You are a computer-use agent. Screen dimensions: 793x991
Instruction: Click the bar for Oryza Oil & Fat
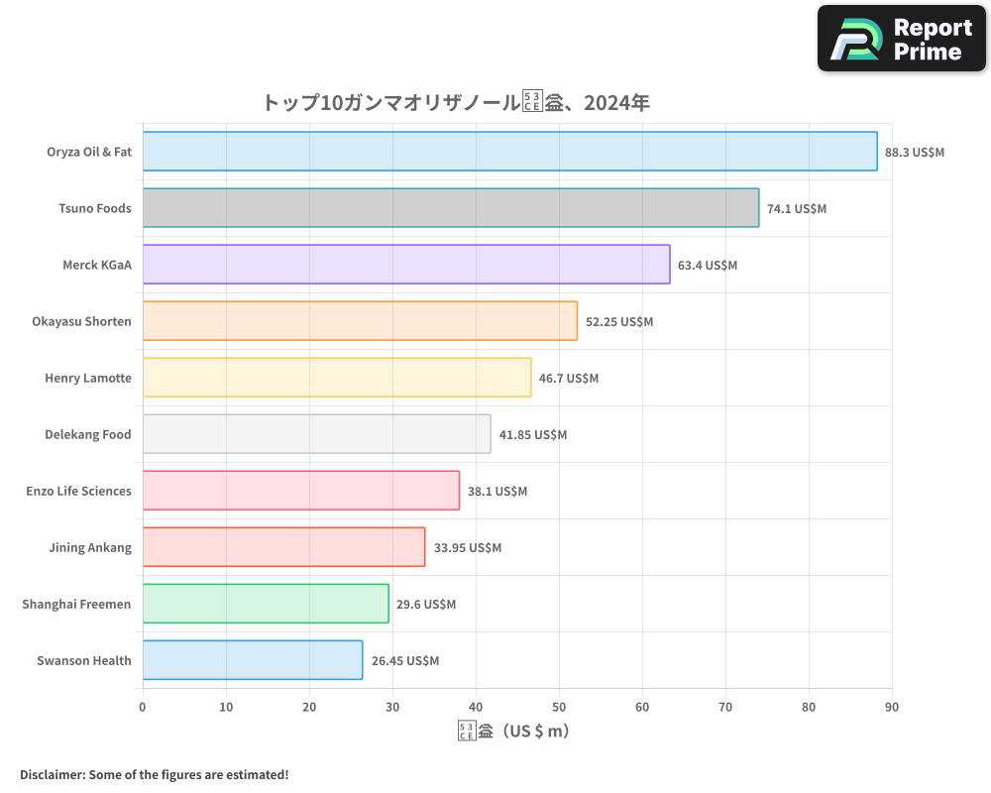point(509,152)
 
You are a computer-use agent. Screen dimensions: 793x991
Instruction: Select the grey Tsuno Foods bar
point(451,208)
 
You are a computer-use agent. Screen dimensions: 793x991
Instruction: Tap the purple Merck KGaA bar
point(406,265)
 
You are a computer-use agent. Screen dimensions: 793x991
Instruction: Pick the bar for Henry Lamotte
point(337,378)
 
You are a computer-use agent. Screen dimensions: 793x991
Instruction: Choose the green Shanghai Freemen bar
point(266,604)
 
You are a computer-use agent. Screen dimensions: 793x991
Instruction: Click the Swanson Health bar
point(253,660)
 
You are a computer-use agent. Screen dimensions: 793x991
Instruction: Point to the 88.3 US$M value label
point(915,153)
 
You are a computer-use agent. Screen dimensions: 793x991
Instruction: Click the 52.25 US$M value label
point(619,322)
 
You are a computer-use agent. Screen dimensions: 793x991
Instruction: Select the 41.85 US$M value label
point(533,435)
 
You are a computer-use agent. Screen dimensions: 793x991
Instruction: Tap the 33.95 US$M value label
point(468,548)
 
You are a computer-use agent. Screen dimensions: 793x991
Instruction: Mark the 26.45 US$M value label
point(405,661)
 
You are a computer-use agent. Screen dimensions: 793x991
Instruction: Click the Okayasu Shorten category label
point(81,321)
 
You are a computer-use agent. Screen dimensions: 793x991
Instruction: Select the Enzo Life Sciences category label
point(78,491)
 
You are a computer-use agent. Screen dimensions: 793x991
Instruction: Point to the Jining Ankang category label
point(90,547)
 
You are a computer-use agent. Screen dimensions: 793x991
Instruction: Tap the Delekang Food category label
point(88,434)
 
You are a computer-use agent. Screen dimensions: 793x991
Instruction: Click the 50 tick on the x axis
point(559,707)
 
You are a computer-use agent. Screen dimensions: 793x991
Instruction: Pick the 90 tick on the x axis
point(892,707)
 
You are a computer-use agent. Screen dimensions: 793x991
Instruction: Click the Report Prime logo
point(902,39)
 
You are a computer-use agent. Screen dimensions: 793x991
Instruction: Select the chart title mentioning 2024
point(456,102)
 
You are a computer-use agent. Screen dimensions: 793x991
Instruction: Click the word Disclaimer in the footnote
point(52,774)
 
